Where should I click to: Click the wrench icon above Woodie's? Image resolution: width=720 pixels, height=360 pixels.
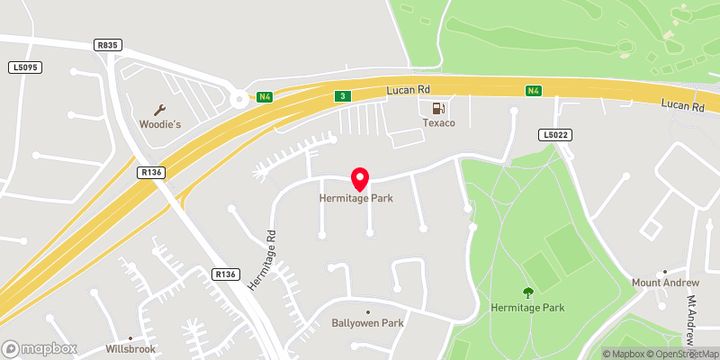click(x=160, y=110)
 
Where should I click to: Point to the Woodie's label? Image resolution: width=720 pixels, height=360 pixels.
click(x=160, y=124)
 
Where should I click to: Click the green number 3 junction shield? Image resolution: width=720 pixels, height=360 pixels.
click(x=342, y=95)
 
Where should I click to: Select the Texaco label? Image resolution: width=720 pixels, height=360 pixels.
click(x=440, y=123)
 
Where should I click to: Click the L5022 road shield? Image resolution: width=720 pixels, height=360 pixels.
click(x=553, y=135)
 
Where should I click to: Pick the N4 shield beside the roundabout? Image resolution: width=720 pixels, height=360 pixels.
click(x=264, y=97)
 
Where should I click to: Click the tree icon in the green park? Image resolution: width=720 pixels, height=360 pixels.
click(x=528, y=292)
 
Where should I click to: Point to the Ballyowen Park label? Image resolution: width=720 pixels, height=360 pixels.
click(x=366, y=323)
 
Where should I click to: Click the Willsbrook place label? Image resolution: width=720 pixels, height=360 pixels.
click(x=130, y=348)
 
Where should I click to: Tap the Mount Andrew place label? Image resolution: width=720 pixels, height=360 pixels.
click(x=664, y=283)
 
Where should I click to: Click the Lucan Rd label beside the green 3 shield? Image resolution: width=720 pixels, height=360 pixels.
click(x=410, y=91)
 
